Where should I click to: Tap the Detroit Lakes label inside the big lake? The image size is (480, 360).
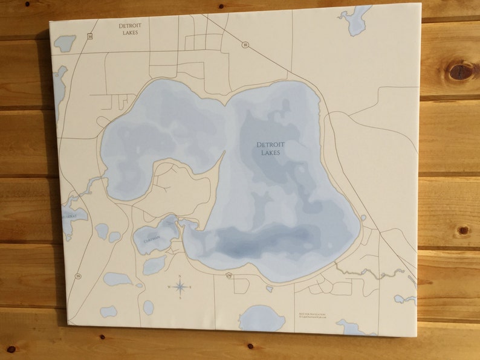(x=270, y=149)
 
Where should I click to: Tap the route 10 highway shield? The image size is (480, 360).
(x=245, y=45)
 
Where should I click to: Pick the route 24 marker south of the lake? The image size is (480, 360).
(x=229, y=275)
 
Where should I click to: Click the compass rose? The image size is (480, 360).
(x=180, y=286)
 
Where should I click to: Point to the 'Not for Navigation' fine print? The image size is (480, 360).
(x=312, y=315)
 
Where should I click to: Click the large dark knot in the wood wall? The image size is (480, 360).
(x=462, y=71)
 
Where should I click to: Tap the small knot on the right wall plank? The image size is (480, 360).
(x=463, y=230)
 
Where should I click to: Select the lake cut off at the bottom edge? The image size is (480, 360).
(x=261, y=318)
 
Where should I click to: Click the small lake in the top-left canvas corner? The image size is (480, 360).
(x=65, y=43)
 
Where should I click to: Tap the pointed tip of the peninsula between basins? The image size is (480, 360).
(x=224, y=153)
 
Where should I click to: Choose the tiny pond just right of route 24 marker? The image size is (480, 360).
(x=270, y=289)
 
